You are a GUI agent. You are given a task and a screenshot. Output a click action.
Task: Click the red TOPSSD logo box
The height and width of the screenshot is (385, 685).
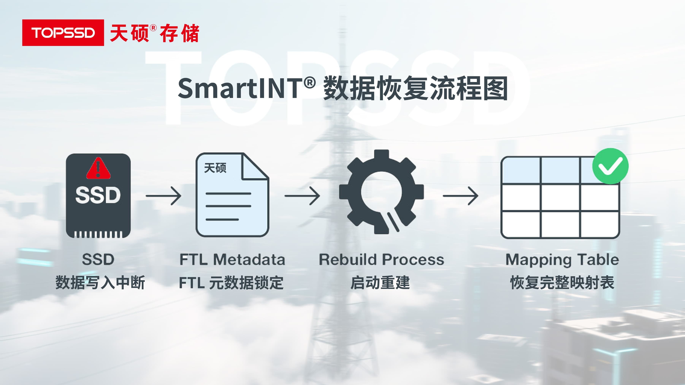[63, 33]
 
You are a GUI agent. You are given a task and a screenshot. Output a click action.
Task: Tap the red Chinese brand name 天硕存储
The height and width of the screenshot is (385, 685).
[154, 33]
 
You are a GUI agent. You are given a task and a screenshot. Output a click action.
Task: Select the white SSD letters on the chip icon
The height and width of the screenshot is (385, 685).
[98, 195]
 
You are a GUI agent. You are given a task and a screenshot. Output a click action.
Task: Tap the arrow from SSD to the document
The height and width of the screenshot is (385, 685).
[163, 196]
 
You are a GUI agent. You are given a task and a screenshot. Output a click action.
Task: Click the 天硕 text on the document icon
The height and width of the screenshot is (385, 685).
[215, 168]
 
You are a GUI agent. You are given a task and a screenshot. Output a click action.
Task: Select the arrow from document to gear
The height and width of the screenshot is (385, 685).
[302, 196]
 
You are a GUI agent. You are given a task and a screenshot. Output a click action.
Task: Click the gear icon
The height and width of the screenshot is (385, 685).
[381, 192]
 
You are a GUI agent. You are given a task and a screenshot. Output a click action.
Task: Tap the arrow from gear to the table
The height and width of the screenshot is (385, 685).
[461, 196]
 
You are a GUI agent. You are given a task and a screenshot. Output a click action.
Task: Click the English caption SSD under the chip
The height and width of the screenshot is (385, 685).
[98, 259]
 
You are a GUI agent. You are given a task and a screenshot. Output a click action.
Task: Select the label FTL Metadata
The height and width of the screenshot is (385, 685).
[232, 259]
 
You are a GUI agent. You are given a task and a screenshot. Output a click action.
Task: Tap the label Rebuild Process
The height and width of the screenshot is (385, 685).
[381, 259]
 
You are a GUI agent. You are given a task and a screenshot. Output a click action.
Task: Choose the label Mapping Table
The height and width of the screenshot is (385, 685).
[562, 259]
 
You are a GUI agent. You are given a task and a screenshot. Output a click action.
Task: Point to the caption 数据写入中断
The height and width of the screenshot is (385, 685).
[100, 282]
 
